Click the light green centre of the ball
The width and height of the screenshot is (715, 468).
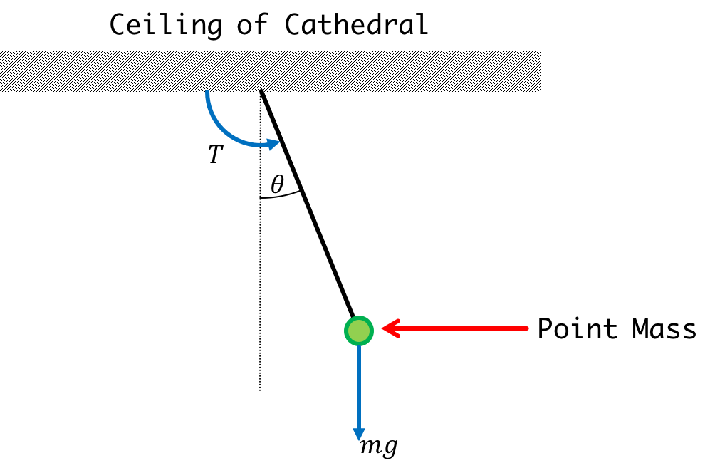[x=359, y=331]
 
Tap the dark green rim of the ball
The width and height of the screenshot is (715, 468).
[x=347, y=331]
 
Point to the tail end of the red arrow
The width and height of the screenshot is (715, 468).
[x=528, y=328]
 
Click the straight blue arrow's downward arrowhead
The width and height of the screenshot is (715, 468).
[x=359, y=435]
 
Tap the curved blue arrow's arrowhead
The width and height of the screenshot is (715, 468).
[x=274, y=144]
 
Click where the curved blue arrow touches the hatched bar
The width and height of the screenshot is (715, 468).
[x=207, y=93]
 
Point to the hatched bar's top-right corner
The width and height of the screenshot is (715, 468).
[x=541, y=51]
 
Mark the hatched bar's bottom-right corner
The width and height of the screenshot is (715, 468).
[x=541, y=91]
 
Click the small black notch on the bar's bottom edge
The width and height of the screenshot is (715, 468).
[x=261, y=90]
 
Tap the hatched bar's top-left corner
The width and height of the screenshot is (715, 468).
[x=1, y=51]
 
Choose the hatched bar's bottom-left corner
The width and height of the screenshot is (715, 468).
[x=1, y=91]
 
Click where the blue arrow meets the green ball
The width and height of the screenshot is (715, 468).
[x=359, y=346]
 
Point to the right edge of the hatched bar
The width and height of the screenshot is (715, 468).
[x=541, y=71]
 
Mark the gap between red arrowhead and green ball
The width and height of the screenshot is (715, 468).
[x=377, y=329]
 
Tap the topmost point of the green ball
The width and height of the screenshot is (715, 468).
[x=359, y=316]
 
